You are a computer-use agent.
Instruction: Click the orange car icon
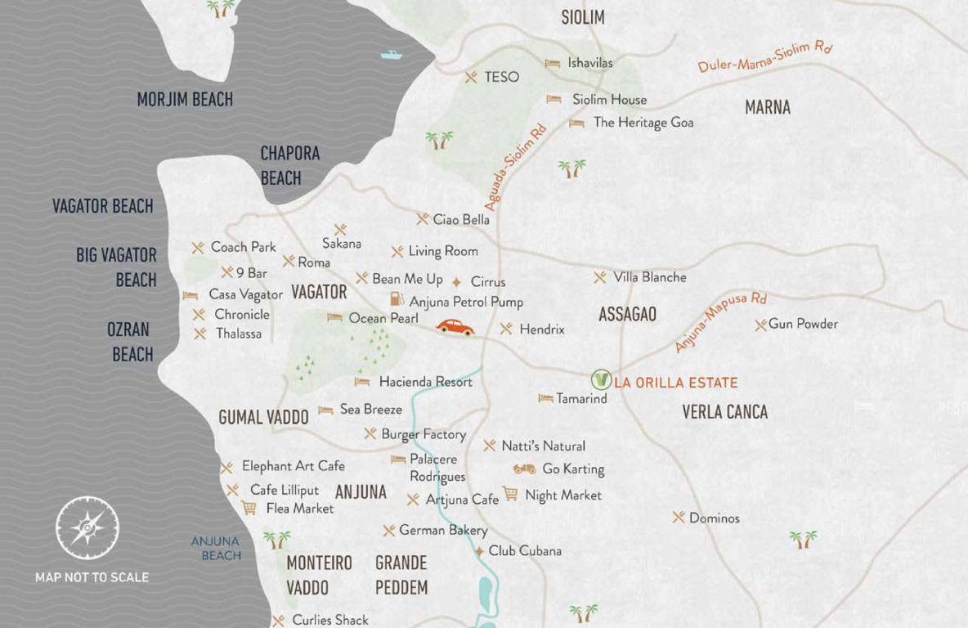click(455, 327)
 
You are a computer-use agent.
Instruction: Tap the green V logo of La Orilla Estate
click(601, 380)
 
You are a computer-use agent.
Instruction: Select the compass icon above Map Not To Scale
click(87, 528)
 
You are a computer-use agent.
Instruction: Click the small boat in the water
click(392, 56)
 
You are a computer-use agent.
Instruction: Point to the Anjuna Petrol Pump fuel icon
click(397, 300)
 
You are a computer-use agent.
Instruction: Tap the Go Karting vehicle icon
click(524, 469)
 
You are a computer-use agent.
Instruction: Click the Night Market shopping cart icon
click(510, 494)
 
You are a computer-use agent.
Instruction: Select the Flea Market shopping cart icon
click(249, 508)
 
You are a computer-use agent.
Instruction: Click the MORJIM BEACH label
click(185, 100)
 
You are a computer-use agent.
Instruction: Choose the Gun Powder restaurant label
click(803, 324)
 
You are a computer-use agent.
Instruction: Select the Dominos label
click(714, 518)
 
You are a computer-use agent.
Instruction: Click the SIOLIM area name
click(582, 17)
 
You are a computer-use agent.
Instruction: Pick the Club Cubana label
click(525, 550)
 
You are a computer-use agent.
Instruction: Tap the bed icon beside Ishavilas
click(553, 63)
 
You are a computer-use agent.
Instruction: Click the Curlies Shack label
click(330, 620)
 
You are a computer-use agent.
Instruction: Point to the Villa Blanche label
click(650, 277)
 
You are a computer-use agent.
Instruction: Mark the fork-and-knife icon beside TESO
click(471, 77)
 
